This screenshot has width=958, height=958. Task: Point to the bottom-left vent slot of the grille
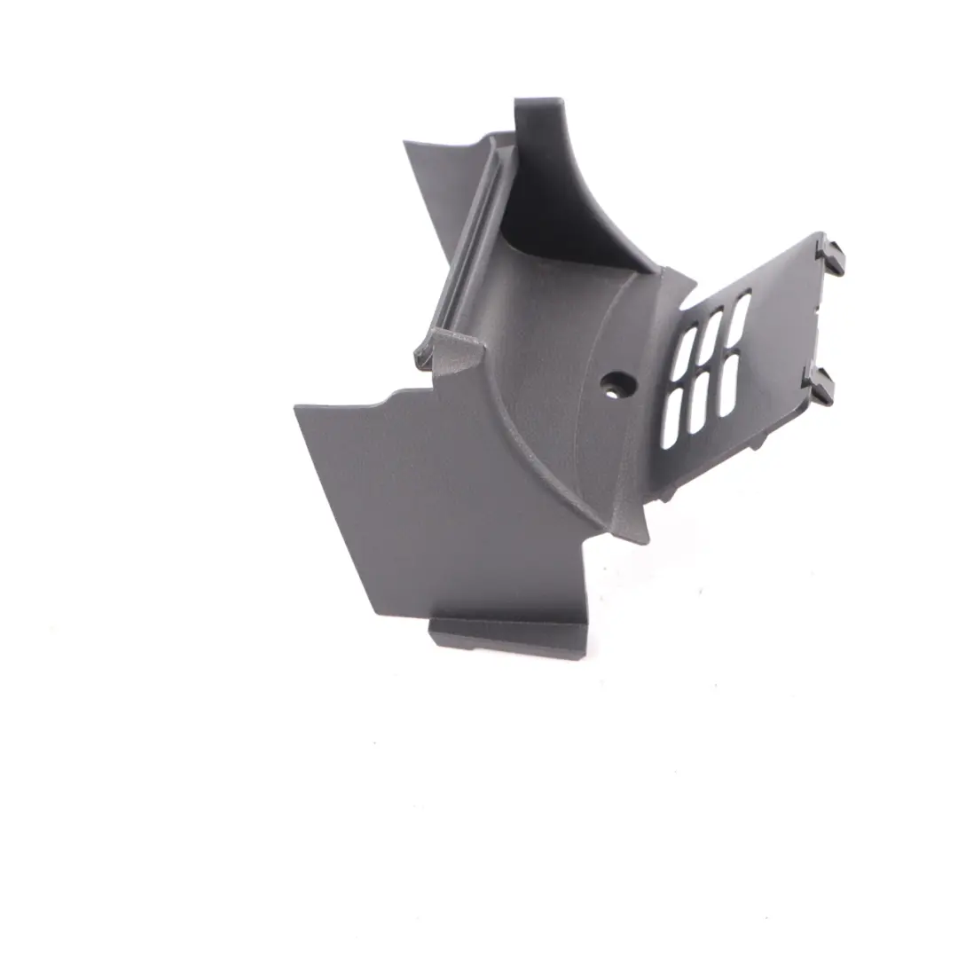(x=671, y=418)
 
